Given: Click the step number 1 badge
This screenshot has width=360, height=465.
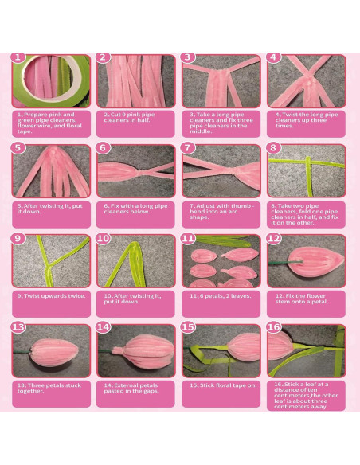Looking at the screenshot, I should [x=19, y=58].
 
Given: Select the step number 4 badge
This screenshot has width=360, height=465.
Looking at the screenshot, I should [x=273, y=58].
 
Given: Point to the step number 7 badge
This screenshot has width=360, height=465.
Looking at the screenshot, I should [x=188, y=148].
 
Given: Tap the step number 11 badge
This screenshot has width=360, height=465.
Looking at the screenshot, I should [x=188, y=238].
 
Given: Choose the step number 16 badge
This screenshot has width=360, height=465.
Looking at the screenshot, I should [x=273, y=327].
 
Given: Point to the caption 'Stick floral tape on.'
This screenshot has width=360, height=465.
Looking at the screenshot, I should [x=217, y=385].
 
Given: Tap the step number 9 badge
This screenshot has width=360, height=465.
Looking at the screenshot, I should [x=19, y=238].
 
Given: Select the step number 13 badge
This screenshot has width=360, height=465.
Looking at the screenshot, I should [x=19, y=327].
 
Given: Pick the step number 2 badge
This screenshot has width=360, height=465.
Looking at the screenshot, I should [x=104, y=58].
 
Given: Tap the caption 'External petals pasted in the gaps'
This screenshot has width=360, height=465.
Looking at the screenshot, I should [x=132, y=389].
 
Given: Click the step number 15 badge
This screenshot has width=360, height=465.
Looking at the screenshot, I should [x=188, y=327].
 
